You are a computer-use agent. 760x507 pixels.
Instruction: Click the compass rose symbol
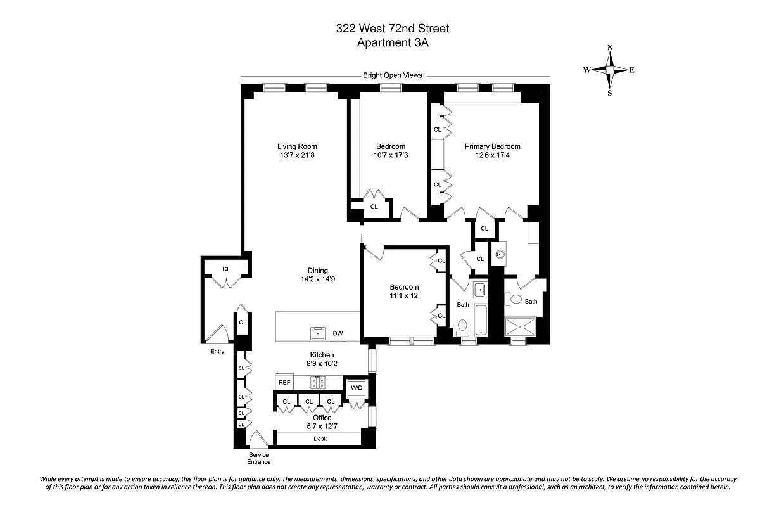point(609,70)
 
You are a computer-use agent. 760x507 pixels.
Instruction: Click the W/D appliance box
point(357,387)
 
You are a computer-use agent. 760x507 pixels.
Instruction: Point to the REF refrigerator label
point(284,382)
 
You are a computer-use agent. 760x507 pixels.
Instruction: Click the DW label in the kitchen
point(338,333)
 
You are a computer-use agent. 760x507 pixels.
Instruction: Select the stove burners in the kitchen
point(318,382)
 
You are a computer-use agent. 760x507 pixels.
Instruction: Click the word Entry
point(217,352)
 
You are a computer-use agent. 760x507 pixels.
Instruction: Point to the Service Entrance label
point(259,458)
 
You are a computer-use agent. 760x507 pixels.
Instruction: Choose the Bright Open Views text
point(392,75)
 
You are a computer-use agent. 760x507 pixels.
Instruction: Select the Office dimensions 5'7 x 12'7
point(322,427)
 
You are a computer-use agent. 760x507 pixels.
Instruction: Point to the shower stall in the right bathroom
point(522,326)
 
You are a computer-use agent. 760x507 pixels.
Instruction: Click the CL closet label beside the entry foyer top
point(226,269)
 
